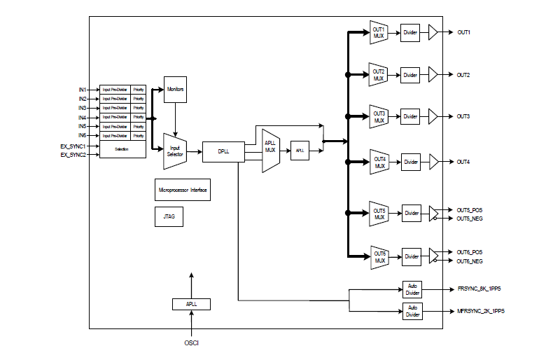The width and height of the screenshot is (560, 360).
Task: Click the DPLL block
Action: (223, 151)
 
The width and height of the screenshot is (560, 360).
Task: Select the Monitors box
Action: (175, 90)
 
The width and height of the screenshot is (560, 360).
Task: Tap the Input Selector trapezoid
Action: (174, 151)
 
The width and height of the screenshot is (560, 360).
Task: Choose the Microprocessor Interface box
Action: (183, 190)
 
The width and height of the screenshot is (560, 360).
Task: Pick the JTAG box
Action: (169, 217)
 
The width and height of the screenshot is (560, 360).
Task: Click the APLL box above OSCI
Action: (191, 304)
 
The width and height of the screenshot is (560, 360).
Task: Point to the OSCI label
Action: (191, 342)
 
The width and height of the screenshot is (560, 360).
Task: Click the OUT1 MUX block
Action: (379, 32)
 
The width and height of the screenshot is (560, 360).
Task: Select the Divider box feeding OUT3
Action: (410, 117)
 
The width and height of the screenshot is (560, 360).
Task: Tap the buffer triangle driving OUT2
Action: (433, 75)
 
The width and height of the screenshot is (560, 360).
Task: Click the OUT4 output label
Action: (463, 162)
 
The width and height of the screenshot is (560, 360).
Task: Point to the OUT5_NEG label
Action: (470, 219)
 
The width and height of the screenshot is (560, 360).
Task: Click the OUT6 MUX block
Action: (379, 257)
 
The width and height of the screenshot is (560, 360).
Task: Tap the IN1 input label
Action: (83, 90)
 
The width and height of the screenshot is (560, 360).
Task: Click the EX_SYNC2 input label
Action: (73, 154)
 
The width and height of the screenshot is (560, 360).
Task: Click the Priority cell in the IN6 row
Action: (139, 135)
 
